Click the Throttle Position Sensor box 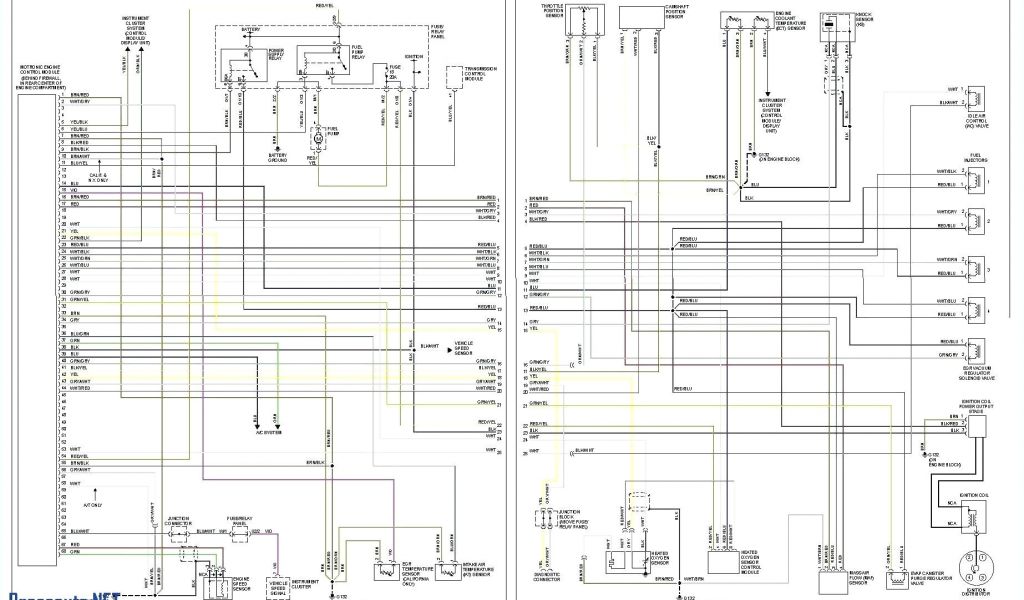point(580,17)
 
